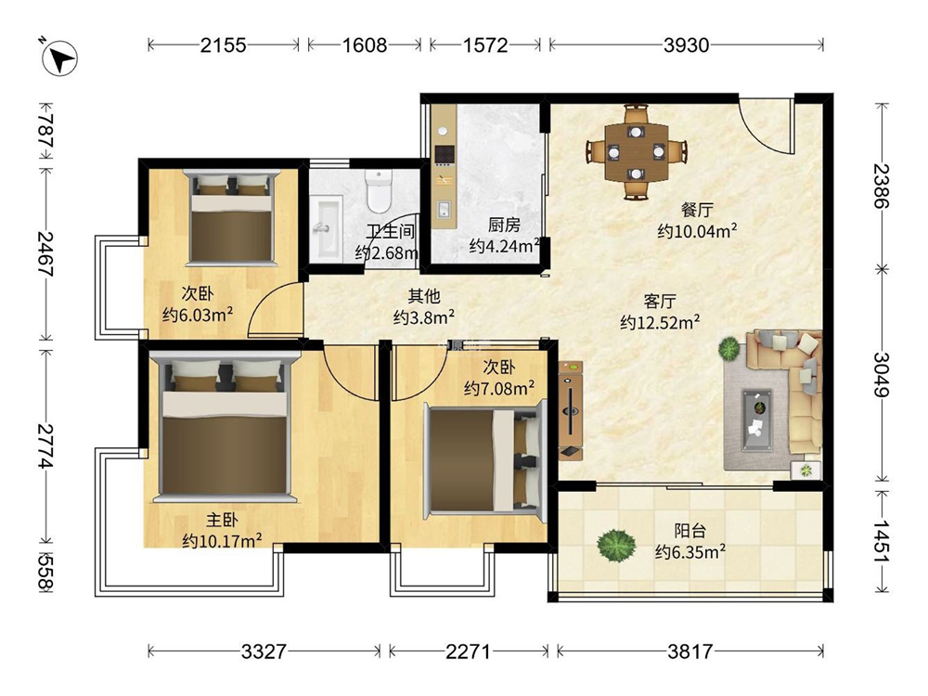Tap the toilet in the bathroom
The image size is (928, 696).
click(x=379, y=190)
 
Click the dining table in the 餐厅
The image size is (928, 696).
click(x=637, y=151)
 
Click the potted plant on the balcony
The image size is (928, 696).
click(x=617, y=543)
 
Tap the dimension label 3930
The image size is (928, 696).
click(x=686, y=45)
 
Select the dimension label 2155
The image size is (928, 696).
click(x=223, y=45)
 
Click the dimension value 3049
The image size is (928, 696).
click(x=882, y=375)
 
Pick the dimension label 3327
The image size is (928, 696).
click(x=264, y=652)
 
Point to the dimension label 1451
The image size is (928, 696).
click(x=882, y=541)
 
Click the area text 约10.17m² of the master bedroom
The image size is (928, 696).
click(x=223, y=541)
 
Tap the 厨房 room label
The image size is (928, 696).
click(x=504, y=225)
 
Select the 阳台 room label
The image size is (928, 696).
click(x=690, y=530)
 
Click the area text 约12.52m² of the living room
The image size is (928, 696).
click(x=661, y=322)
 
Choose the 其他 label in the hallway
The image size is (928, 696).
click(x=424, y=296)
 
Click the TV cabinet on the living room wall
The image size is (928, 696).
click(x=571, y=410)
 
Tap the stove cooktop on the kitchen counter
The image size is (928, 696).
click(x=444, y=154)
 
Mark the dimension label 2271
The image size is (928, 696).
click(x=468, y=652)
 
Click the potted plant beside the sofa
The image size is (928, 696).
click(x=729, y=349)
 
